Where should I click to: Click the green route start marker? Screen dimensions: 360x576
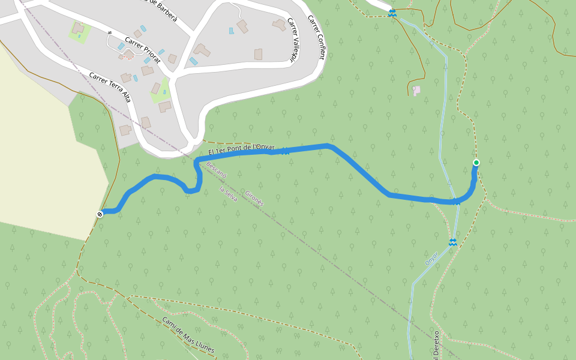pyautogui.click(x=476, y=163)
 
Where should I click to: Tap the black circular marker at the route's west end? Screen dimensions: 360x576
pyautogui.click(x=100, y=214)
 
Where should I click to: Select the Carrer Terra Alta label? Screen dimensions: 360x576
pyautogui.click(x=110, y=87)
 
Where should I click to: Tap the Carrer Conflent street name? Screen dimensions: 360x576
pyautogui.click(x=316, y=37)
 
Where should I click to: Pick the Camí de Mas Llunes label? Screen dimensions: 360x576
pyautogui.click(x=188, y=335)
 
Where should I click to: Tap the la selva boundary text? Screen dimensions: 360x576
pyautogui.click(x=229, y=194)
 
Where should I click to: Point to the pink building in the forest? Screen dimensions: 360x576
pyautogui.click(x=416, y=90)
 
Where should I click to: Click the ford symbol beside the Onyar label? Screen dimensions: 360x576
pyautogui.click(x=453, y=242)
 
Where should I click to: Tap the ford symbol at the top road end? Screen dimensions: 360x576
pyautogui.click(x=392, y=13)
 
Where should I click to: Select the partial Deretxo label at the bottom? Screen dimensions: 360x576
pyautogui.click(x=436, y=345)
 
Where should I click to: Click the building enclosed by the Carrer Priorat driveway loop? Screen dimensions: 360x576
pyautogui.click(x=129, y=55)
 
